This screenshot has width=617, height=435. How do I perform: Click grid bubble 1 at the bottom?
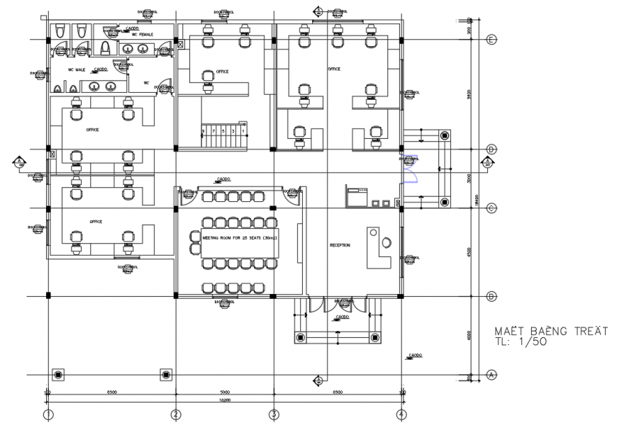pyautogui.click(x=48, y=414)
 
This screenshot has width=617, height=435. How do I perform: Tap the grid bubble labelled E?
pyautogui.click(x=491, y=40)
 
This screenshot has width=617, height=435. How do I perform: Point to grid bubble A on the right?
pyautogui.click(x=491, y=374)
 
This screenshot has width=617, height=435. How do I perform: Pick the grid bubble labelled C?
pyautogui.click(x=491, y=208)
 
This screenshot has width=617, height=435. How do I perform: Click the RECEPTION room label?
pyautogui.click(x=340, y=245)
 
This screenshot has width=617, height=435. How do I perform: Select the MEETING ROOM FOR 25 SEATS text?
pyautogui.click(x=240, y=239)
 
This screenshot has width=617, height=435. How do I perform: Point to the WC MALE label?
pyautogui.click(x=77, y=70)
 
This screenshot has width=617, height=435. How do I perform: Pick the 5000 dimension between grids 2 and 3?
pyautogui.click(x=225, y=391)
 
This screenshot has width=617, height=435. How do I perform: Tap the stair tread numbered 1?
pyautogui.click(x=243, y=131)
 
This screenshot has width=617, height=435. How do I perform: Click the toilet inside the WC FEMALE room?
pyautogui.click(x=106, y=48)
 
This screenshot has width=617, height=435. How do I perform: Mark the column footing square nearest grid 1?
pyautogui.click(x=58, y=374)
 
